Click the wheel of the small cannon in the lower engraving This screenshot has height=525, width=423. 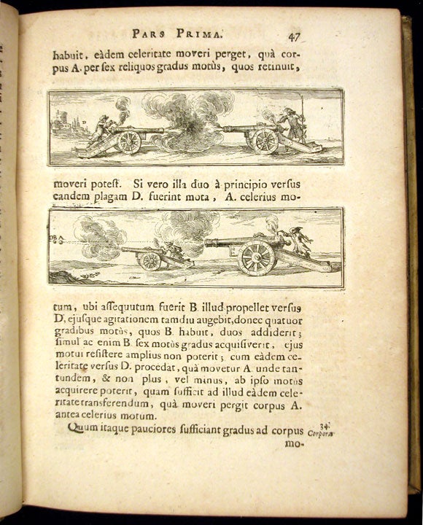150,260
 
